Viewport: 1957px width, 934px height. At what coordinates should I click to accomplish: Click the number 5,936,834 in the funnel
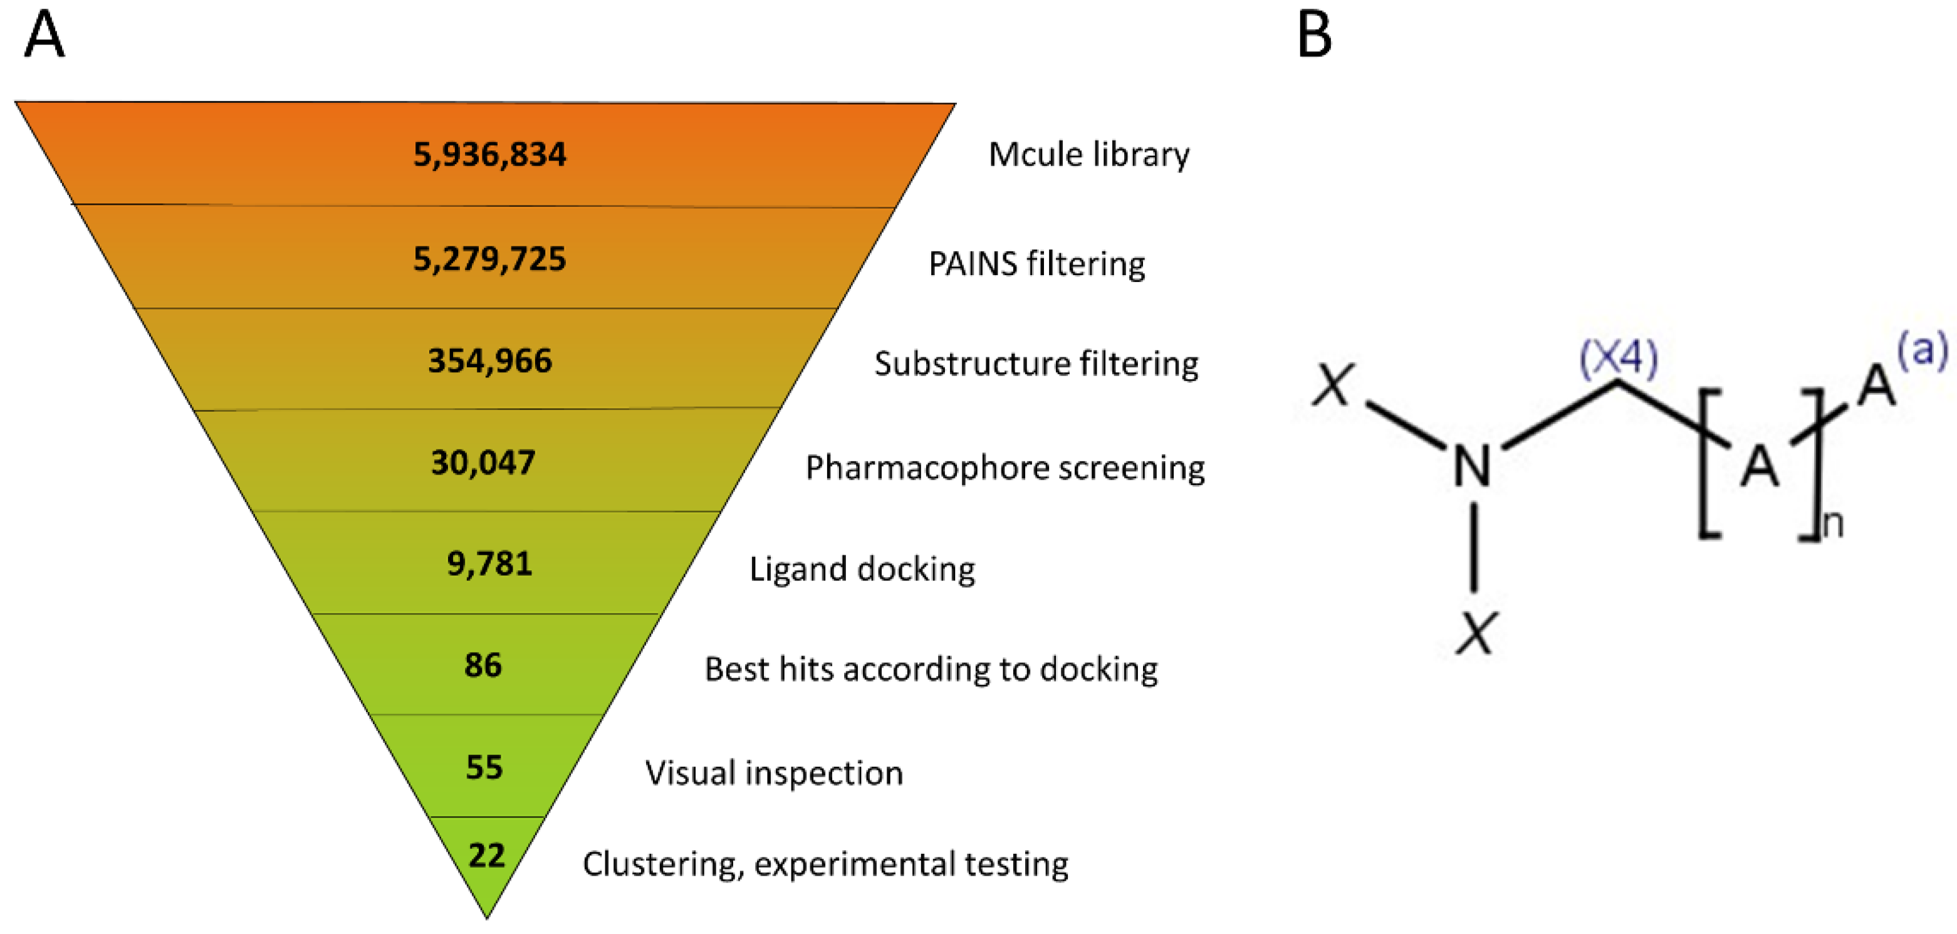click(489, 155)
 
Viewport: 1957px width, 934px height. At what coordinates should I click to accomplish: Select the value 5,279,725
click(489, 259)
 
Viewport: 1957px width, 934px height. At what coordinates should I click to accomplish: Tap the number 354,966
click(489, 361)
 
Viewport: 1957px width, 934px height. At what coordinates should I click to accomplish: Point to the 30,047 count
click(483, 463)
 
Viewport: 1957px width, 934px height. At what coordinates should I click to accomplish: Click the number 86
click(483, 666)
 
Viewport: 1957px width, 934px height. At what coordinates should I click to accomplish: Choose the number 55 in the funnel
click(484, 767)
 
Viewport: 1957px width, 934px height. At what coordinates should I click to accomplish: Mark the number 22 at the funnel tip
click(486, 856)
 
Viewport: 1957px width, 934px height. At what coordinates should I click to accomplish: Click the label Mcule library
click(1088, 155)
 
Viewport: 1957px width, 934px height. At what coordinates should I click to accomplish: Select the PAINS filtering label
click(1036, 265)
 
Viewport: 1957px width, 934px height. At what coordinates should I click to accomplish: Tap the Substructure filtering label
click(1036, 364)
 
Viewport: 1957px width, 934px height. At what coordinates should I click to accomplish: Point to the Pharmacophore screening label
click(1005, 468)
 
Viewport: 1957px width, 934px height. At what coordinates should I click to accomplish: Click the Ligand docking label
click(862, 569)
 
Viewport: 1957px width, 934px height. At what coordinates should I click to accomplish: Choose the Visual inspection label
click(773, 774)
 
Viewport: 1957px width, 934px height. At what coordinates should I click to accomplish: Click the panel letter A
click(44, 35)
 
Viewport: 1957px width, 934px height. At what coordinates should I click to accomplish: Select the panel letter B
click(1314, 35)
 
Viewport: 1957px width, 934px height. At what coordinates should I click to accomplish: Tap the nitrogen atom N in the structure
click(1471, 466)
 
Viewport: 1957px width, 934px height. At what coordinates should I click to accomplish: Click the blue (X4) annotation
click(1618, 357)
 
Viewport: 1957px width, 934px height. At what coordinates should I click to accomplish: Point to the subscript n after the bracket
click(1832, 525)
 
